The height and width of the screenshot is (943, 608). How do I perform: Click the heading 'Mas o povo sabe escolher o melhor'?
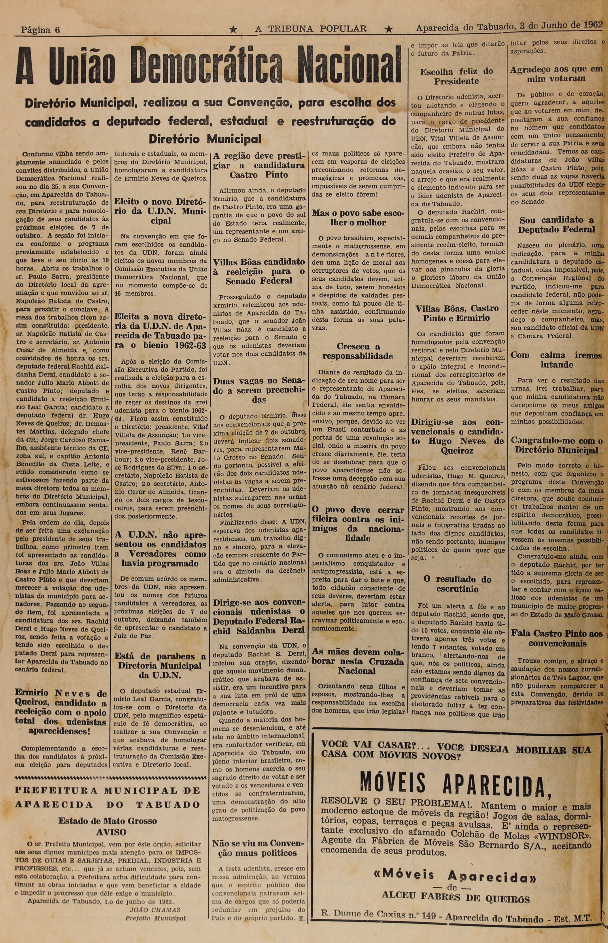[358, 217]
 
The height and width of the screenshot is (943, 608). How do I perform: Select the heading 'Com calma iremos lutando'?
[556, 360]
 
